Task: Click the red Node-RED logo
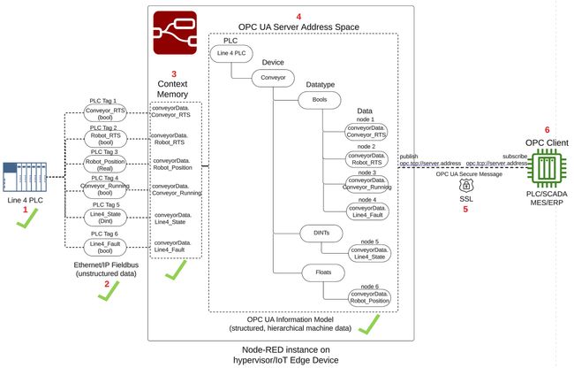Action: (x=175, y=33)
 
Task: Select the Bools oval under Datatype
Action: (x=320, y=101)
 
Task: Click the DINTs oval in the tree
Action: (x=320, y=234)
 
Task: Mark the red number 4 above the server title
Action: (x=298, y=15)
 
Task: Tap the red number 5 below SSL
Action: (x=464, y=210)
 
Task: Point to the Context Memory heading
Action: (x=175, y=86)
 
